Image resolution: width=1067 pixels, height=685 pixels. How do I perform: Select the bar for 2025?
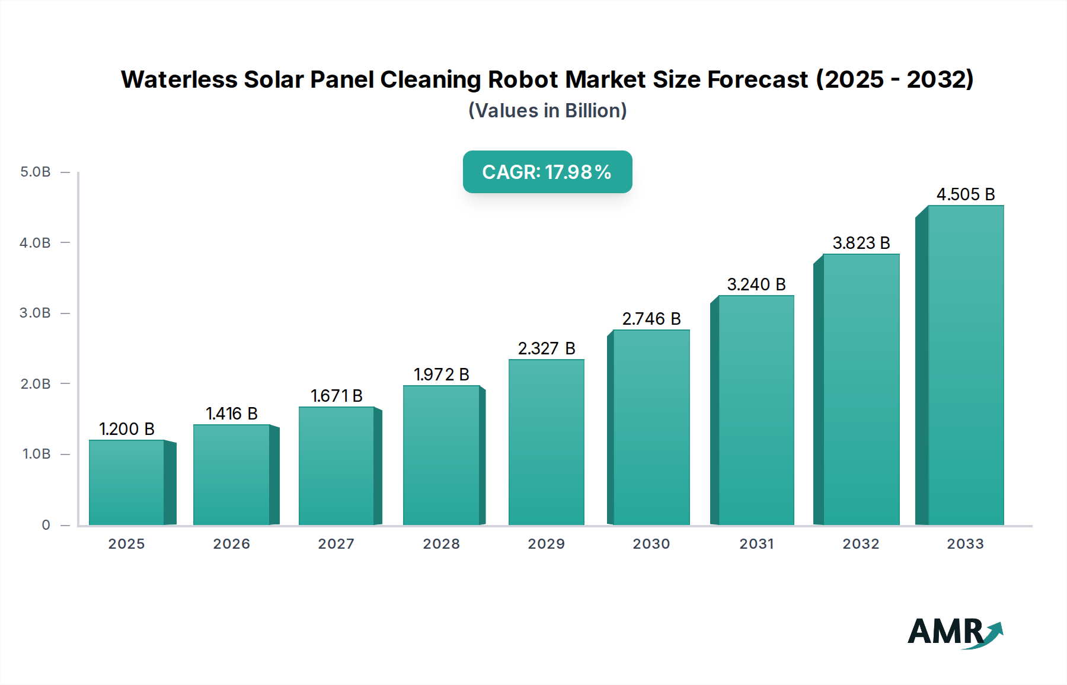pos(126,482)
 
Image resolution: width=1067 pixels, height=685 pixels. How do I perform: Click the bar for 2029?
pos(546,442)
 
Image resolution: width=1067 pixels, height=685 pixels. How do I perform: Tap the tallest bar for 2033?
pos(965,365)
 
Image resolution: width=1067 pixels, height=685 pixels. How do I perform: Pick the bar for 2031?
pos(756,410)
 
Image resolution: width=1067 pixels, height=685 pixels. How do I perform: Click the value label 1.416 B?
pos(231,414)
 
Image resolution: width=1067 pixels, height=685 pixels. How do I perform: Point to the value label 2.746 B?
pos(651,319)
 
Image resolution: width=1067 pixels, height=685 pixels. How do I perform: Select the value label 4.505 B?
pos(965,194)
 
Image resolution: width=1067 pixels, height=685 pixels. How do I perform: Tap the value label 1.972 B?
pos(441,374)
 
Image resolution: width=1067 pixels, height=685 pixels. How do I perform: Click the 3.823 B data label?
pos(861,243)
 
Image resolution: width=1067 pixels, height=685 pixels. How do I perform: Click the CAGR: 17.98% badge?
pos(547,172)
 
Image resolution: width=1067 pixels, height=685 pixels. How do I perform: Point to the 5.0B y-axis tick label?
pos(36,172)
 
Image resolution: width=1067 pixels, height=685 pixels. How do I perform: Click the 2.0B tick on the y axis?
pos(36,383)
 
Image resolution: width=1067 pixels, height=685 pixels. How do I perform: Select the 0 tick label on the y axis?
pos(46,524)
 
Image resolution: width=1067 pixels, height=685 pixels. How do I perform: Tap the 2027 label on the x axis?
pos(336,543)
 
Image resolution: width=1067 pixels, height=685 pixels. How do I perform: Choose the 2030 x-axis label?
pos(651,543)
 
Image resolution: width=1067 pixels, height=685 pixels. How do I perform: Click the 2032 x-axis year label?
pos(861,543)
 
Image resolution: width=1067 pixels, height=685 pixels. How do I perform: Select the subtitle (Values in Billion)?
pos(547,110)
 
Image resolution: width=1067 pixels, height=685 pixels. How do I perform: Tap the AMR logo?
pos(954,632)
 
